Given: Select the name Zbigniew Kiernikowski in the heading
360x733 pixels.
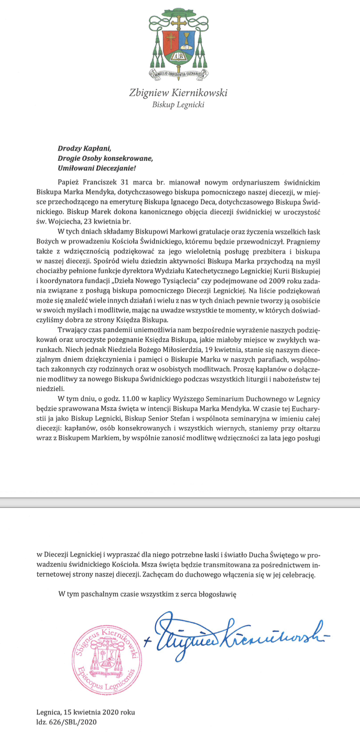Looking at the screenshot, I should [179, 93].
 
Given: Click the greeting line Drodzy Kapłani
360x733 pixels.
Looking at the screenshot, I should [84, 148].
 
